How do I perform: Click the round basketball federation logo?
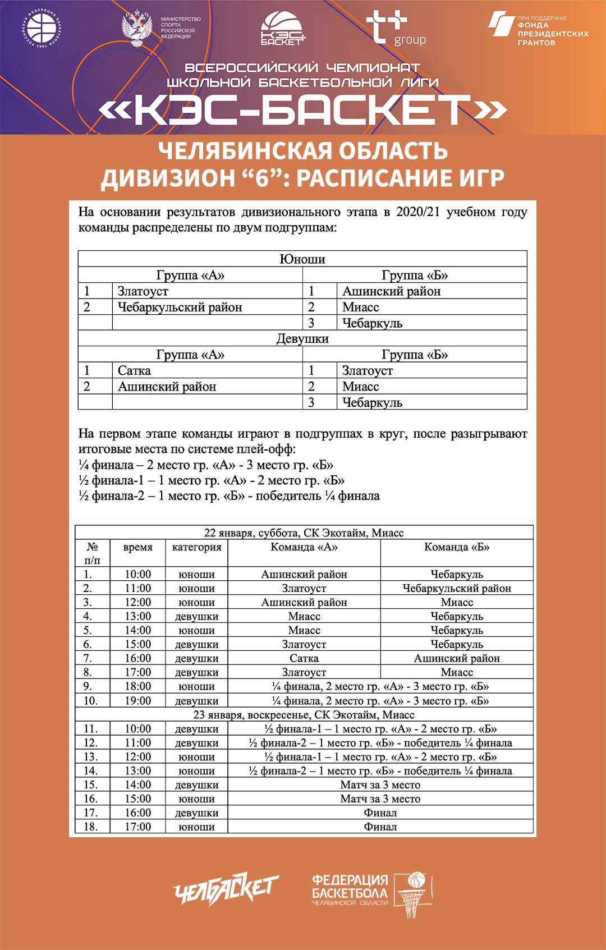pyautogui.click(x=42, y=27)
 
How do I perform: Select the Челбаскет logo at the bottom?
pyautogui.click(x=226, y=888)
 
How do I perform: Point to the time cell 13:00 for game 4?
pyautogui.click(x=138, y=616)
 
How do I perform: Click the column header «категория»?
pyautogui.click(x=197, y=547)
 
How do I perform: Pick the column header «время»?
pyautogui.click(x=138, y=547)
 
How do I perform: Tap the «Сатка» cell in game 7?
pyautogui.click(x=304, y=658)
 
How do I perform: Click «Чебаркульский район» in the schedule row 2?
pyautogui.click(x=457, y=588)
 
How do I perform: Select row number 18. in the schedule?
pyautogui.click(x=91, y=827)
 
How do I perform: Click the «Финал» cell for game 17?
pyautogui.click(x=380, y=813)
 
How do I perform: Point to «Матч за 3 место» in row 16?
pyautogui.click(x=380, y=798)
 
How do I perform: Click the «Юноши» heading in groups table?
pyautogui.click(x=302, y=259)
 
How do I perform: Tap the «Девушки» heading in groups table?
pyautogui.click(x=302, y=338)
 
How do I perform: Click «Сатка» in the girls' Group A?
pyautogui.click(x=135, y=370)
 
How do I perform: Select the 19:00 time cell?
pyautogui.click(x=138, y=701)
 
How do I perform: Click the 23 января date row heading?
pyautogui.click(x=304, y=715)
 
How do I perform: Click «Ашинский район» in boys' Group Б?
pyautogui.click(x=392, y=291)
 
